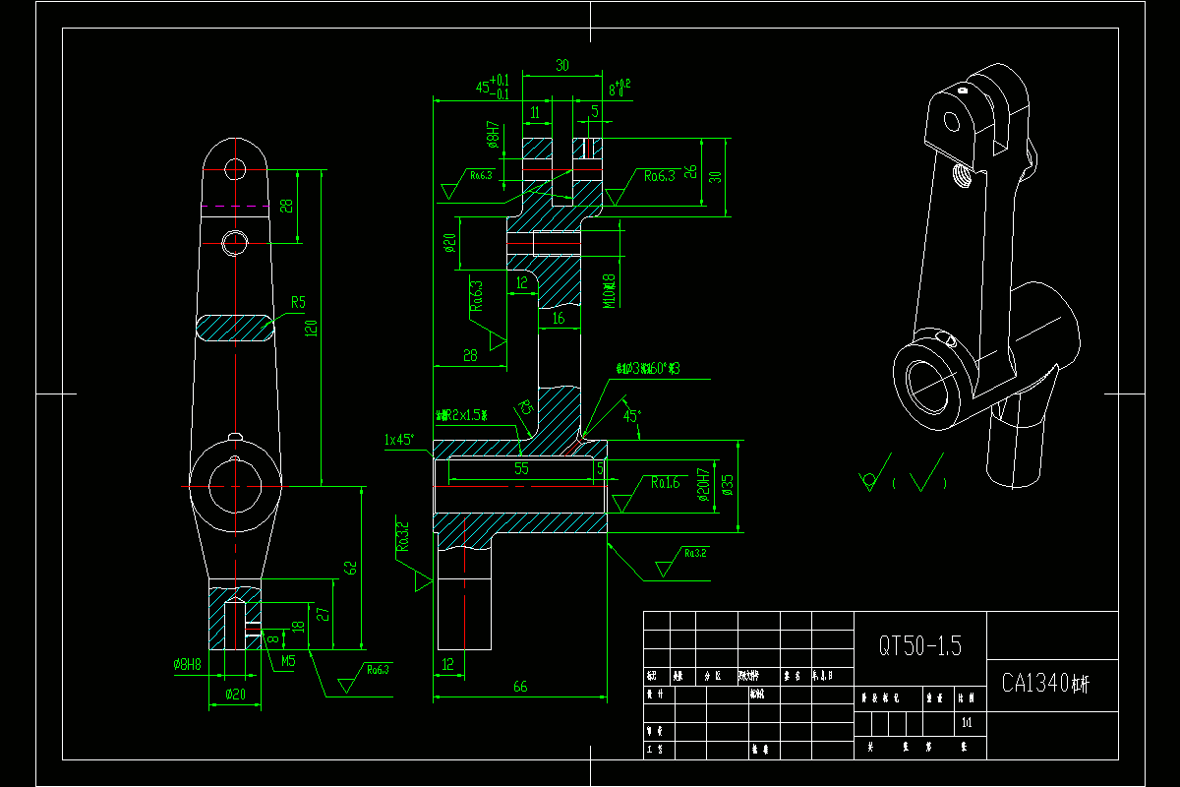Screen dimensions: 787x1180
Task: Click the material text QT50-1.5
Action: point(919,646)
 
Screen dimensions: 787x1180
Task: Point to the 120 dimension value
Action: point(312,328)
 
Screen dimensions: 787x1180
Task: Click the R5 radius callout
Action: point(298,302)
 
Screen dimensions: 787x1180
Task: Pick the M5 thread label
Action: point(287,661)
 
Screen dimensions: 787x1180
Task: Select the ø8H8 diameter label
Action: point(187,665)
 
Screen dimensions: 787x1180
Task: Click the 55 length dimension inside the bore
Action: point(521,469)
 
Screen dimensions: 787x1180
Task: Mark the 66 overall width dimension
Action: point(520,687)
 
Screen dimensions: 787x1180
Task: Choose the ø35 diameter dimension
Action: point(728,484)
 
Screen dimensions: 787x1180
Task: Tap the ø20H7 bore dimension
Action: point(704,484)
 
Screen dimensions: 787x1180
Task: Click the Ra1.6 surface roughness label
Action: point(665,482)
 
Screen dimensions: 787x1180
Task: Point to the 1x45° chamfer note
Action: point(399,440)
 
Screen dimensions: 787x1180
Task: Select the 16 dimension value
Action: point(559,319)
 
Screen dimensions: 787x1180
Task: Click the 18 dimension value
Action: point(299,626)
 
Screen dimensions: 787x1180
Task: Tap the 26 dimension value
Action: point(691,171)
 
